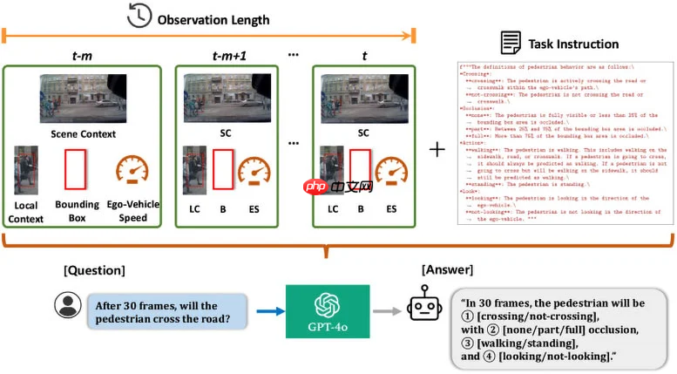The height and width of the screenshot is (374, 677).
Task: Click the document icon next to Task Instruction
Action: (x=511, y=43)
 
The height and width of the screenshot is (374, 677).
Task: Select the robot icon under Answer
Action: (x=423, y=309)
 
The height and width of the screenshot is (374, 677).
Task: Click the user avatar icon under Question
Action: (x=66, y=306)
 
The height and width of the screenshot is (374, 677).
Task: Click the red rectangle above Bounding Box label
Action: (x=78, y=168)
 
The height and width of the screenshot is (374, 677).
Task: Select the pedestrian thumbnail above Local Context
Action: (x=26, y=170)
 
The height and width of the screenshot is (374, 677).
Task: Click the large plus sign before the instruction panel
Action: (x=437, y=149)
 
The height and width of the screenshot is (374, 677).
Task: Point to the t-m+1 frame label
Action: (x=228, y=56)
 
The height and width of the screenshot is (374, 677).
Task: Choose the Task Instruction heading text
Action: (x=574, y=44)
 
